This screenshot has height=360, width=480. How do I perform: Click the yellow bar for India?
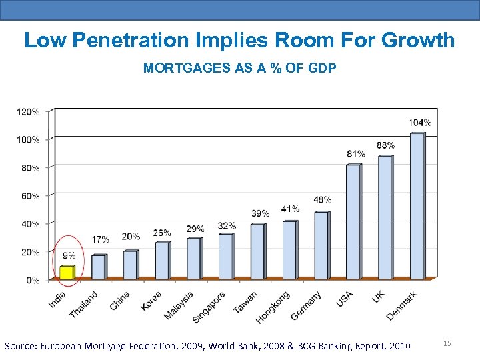click(66, 272)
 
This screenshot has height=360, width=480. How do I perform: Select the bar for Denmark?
click(417, 206)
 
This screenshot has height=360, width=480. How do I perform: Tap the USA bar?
click(353, 221)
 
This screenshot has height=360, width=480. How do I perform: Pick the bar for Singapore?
click(226, 256)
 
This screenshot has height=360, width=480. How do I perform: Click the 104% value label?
click(419, 123)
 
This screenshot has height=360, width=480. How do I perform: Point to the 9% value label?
click(69, 255)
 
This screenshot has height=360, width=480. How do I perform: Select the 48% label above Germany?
click(322, 200)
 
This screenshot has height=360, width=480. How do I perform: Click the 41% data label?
click(290, 209)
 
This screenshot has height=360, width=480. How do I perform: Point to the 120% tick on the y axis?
click(28, 112)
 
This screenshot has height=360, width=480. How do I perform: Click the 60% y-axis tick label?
click(30, 196)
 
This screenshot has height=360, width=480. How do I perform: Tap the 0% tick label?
click(33, 280)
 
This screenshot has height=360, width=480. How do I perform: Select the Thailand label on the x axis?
click(83, 304)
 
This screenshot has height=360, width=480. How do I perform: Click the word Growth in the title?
click(418, 40)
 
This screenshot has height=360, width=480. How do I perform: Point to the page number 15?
click(447, 343)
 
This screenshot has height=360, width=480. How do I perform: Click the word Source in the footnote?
click(21, 346)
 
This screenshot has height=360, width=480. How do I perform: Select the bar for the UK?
click(385, 217)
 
